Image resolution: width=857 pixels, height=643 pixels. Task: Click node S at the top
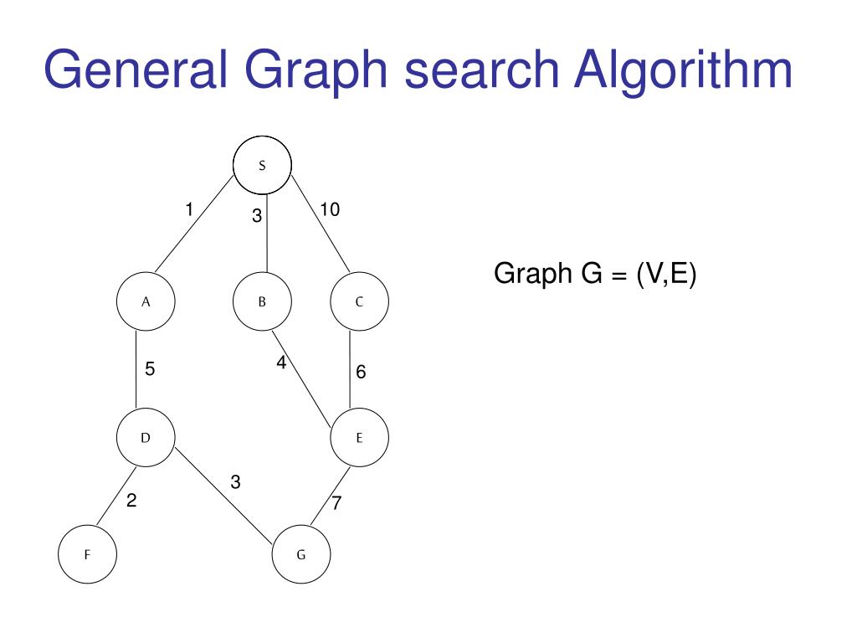(262, 165)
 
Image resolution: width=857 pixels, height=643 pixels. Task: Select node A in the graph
(146, 301)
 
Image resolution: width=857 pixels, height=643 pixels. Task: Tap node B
(262, 301)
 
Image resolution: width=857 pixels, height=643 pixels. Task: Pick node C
(359, 301)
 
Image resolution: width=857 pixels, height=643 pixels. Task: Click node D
(146, 437)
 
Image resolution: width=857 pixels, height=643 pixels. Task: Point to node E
(359, 437)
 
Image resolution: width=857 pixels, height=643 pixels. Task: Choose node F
(87, 554)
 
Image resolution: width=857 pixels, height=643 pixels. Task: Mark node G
(301, 554)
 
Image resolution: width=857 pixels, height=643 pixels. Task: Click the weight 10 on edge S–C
(330, 209)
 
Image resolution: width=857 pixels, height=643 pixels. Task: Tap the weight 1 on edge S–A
(190, 209)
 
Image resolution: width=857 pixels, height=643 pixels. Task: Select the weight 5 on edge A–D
(150, 368)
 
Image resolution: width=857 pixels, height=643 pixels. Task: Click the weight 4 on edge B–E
(281, 363)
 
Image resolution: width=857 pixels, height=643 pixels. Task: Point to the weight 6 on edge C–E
(361, 372)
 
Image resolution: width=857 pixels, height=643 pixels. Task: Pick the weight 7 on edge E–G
(336, 504)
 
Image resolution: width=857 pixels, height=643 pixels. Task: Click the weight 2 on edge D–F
(131, 502)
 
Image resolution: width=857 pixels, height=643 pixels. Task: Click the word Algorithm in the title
(683, 70)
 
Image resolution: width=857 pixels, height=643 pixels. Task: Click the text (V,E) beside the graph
(665, 274)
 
